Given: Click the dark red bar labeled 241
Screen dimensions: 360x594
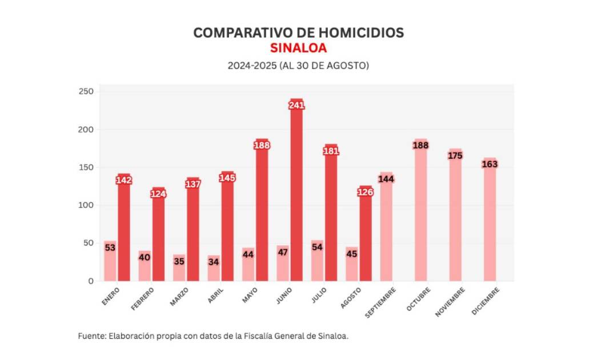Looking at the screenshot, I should click(x=296, y=194).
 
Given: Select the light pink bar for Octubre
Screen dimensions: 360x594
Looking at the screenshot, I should click(x=420, y=211).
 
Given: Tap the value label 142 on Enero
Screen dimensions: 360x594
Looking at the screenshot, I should click(x=124, y=180).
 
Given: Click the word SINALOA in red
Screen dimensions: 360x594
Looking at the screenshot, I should click(x=298, y=48).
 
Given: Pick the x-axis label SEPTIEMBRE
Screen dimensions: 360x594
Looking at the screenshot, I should click(x=380, y=300).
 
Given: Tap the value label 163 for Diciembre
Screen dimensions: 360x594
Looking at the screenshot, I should click(x=489, y=164).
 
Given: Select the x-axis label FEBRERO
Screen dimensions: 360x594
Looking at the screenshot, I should click(x=143, y=299).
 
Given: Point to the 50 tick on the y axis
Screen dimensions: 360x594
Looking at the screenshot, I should click(x=89, y=243).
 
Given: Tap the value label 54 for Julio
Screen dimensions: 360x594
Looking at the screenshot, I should click(x=317, y=247).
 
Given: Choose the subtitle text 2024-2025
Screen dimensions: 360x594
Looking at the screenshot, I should click(x=252, y=66).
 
